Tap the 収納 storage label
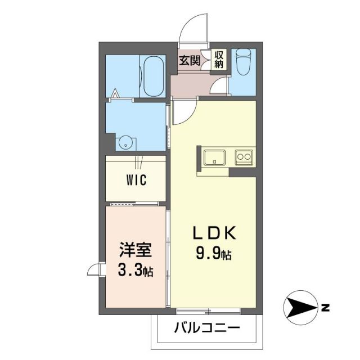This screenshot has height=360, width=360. (x=219, y=59)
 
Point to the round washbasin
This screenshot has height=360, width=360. (x=125, y=142)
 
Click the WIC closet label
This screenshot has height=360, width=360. (x=136, y=180)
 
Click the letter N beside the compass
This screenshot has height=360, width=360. (x=326, y=307)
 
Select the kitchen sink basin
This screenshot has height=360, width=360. (x=214, y=156)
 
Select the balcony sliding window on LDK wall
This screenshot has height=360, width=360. (x=208, y=310)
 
